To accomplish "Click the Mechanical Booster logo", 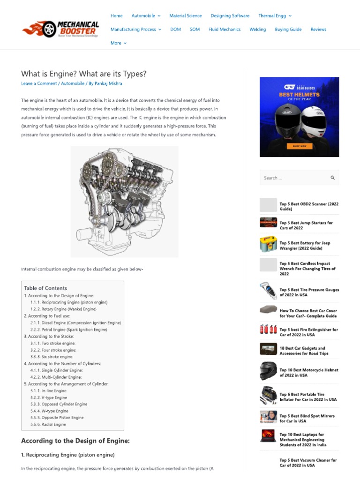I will tap(60, 29).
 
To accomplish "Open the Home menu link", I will tap(116, 15).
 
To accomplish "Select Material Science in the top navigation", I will tap(185, 15).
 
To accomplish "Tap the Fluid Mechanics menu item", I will tap(225, 29).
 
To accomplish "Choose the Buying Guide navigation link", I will tap(288, 29).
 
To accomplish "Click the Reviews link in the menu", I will tap(318, 29).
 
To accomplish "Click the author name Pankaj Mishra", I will tap(108, 83).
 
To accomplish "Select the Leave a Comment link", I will tap(39, 83).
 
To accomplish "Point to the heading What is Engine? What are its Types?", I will tap(84, 74).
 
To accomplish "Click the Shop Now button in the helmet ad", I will tap(299, 146).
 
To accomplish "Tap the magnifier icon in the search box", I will tap(332, 178).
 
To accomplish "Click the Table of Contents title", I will tap(45, 288).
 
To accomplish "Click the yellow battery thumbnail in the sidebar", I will tap(268, 245).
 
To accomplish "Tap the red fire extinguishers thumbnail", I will tap(268, 330).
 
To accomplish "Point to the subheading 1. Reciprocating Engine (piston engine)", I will tap(68, 455).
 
